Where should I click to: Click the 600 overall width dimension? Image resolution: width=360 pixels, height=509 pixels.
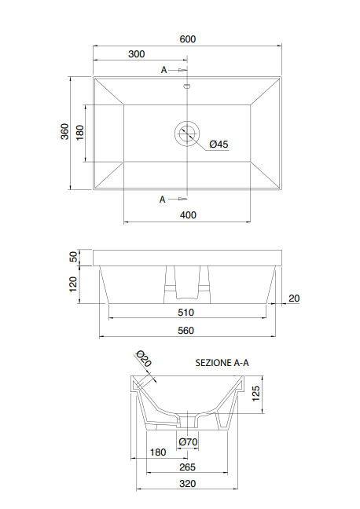pyautogui.click(x=186, y=39)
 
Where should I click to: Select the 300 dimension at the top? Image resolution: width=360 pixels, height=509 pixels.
pyautogui.click(x=136, y=54)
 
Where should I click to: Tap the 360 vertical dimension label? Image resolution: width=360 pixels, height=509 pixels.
pyautogui.click(x=64, y=132)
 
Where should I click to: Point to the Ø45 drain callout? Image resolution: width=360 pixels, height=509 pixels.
pyautogui.click(x=219, y=144)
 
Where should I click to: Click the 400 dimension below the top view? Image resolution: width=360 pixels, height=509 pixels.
pyautogui.click(x=187, y=214)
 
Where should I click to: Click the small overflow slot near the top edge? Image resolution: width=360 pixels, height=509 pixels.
pyautogui.click(x=187, y=86)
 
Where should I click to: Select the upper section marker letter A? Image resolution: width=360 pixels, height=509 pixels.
pyautogui.click(x=164, y=70)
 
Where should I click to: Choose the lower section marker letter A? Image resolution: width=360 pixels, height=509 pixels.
pyautogui.click(x=163, y=199)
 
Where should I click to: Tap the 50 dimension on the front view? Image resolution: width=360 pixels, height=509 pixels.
pyautogui.click(x=74, y=257)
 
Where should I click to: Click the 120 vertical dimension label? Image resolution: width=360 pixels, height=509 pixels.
pyautogui.click(x=74, y=284)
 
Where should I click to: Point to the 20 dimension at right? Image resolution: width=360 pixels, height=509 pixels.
pyautogui.click(x=294, y=298)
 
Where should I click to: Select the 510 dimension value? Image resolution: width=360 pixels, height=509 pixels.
pyautogui.click(x=186, y=312)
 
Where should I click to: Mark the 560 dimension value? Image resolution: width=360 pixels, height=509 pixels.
pyautogui.click(x=186, y=331)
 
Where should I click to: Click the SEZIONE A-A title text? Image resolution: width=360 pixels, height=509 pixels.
pyautogui.click(x=222, y=363)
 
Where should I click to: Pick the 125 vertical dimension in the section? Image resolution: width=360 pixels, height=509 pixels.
pyautogui.click(x=255, y=393)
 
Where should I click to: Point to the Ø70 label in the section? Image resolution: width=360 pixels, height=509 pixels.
pyautogui.click(x=188, y=441)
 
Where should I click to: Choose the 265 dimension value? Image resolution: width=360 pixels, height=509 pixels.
pyautogui.click(x=187, y=467)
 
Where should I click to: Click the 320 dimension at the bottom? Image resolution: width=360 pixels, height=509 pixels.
pyautogui.click(x=187, y=485)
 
